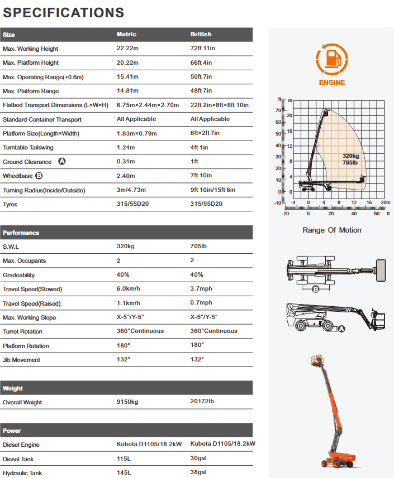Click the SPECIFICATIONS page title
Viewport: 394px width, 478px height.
coord(64,12)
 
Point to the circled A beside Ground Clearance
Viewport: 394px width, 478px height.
coord(62,162)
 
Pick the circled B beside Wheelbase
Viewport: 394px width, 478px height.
coord(39,176)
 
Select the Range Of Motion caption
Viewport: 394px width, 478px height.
coord(331,230)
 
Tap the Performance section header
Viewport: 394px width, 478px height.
coord(21,233)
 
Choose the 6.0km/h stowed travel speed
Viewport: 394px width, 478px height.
coord(129,289)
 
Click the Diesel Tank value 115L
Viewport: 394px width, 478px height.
coord(124,459)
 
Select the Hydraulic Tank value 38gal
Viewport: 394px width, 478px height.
coord(199,472)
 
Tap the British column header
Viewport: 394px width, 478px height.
coord(201,35)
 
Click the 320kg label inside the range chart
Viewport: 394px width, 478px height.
coord(350,156)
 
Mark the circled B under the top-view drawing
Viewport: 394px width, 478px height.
coord(315,289)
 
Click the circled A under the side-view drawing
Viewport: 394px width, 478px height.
coord(341,329)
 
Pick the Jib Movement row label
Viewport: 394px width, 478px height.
coord(22,360)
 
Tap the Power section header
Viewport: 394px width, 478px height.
coord(12,431)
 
